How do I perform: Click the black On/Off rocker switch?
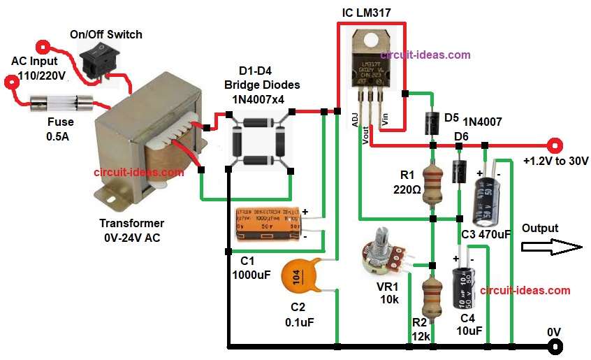point(98,59)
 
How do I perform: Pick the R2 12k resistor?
point(432,297)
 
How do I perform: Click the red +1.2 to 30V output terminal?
point(555,146)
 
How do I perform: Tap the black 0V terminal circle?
point(555,346)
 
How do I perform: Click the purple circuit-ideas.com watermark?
point(425,55)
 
